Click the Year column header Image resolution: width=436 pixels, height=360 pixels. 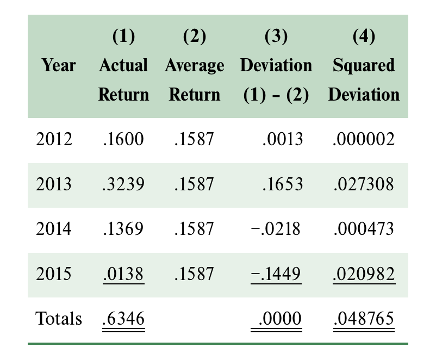tap(59, 66)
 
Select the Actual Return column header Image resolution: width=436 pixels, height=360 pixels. tap(123, 79)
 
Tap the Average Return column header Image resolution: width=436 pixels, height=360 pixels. tap(194, 79)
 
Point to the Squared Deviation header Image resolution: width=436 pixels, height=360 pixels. tap(364, 79)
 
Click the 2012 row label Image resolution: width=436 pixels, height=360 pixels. tap(54, 139)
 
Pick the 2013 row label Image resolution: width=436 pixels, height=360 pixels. tap(54, 184)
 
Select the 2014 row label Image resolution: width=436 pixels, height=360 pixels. tap(54, 229)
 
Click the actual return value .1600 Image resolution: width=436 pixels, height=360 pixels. tap(123, 139)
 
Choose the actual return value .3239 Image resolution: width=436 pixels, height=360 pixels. tap(123, 184)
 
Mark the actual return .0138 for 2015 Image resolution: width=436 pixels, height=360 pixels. tap(123, 274)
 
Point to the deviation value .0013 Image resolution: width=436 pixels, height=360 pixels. tap(282, 139)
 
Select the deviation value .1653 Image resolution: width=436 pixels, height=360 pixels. tap(282, 184)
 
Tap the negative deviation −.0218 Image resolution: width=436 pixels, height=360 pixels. tap(276, 229)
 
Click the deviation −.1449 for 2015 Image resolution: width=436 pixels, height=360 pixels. tap(276, 274)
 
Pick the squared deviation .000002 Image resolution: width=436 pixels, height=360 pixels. tap(364, 139)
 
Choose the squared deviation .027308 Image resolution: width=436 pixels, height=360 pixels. tap(364, 184)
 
